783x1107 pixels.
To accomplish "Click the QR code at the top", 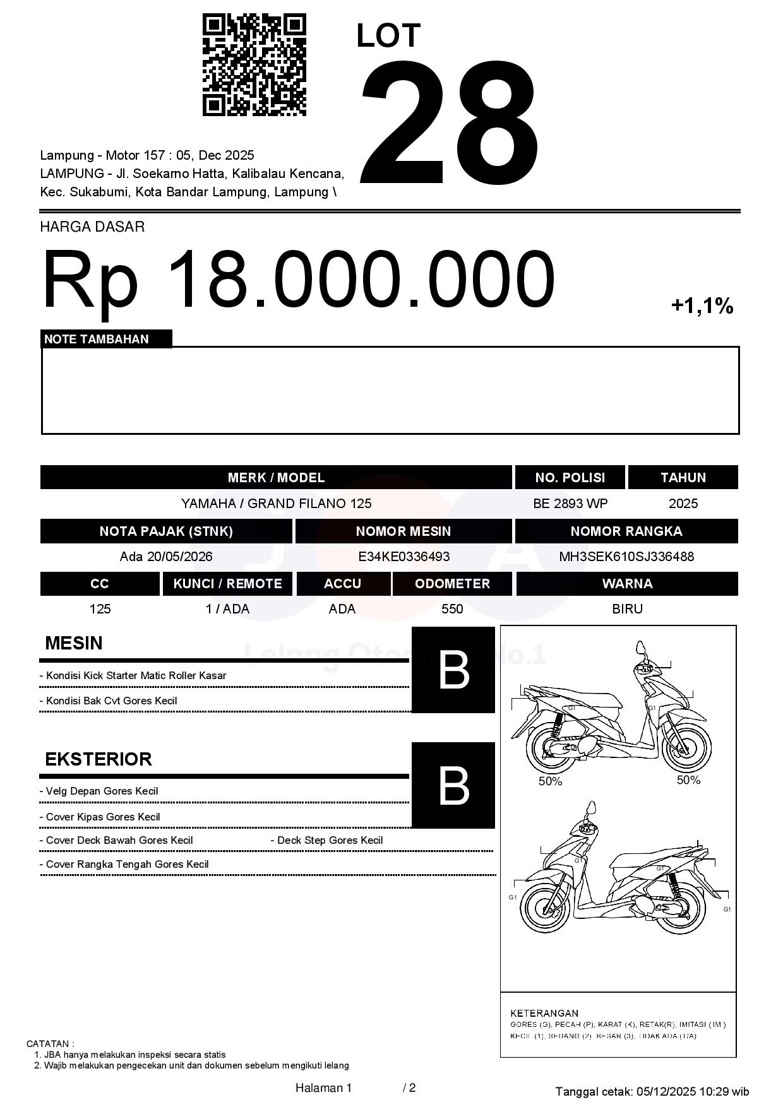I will coord(254,65).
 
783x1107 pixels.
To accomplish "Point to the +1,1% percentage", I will coord(702,306).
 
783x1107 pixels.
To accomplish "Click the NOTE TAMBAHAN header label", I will coord(97,339).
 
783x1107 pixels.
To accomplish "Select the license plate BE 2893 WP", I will coord(570,504).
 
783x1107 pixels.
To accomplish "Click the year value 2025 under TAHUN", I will coord(683,504).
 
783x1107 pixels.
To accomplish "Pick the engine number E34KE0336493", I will coord(403,557).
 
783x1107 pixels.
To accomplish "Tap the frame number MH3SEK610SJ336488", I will coord(626,557).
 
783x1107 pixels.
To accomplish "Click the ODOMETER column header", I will coord(452,584).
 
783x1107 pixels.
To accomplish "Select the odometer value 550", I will coord(452,609).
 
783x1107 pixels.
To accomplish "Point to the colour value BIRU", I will coord(627,609).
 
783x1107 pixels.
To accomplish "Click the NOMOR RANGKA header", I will coord(626,531).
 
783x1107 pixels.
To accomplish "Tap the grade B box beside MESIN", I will coord(453,670).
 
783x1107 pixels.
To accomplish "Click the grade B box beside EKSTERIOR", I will coord(453,786).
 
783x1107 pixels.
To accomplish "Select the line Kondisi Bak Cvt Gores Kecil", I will coord(111,701).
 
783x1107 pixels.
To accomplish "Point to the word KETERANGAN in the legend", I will coord(544,1013).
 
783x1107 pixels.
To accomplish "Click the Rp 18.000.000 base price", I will coord(298,280).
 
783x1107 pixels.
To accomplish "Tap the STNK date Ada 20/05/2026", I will coord(166,557).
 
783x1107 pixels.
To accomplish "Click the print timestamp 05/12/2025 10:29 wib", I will coord(693,1091).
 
